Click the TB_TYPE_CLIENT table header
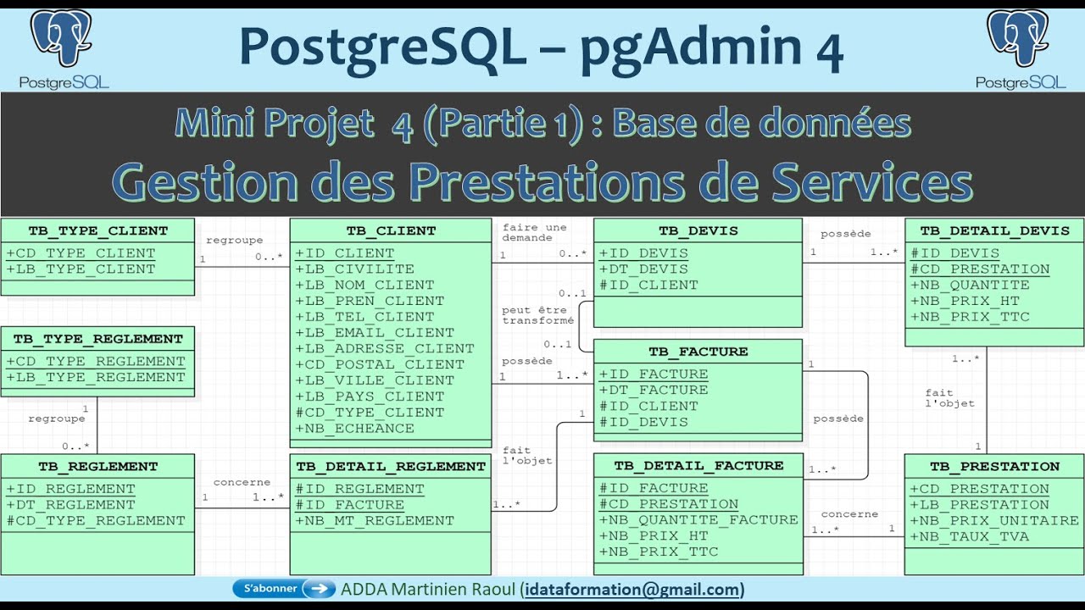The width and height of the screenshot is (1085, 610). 97,231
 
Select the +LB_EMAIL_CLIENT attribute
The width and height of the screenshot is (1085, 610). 375,333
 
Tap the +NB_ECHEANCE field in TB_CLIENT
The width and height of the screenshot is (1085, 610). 355,429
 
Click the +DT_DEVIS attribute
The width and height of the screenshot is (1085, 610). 643,269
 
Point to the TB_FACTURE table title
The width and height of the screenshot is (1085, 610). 698,352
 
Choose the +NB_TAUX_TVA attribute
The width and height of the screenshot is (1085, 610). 969,536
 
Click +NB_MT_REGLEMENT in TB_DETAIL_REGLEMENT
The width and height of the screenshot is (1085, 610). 375,520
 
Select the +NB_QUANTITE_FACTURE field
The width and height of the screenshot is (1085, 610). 698,520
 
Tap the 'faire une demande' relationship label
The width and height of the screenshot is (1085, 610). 534,232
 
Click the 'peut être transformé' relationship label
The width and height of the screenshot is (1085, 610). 537,315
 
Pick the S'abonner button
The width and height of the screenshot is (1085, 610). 284,589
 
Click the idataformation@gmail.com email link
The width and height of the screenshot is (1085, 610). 632,589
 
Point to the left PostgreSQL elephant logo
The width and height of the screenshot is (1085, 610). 62,38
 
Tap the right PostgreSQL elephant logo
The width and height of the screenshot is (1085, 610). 1018,38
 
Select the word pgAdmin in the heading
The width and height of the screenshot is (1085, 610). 691,48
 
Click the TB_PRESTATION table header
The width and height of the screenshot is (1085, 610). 994,466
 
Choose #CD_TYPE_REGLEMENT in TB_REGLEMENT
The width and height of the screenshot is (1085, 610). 96,520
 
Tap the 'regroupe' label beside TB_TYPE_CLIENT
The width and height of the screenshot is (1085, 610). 235,240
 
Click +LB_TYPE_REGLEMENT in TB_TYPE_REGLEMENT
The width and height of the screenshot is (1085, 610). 96,377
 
